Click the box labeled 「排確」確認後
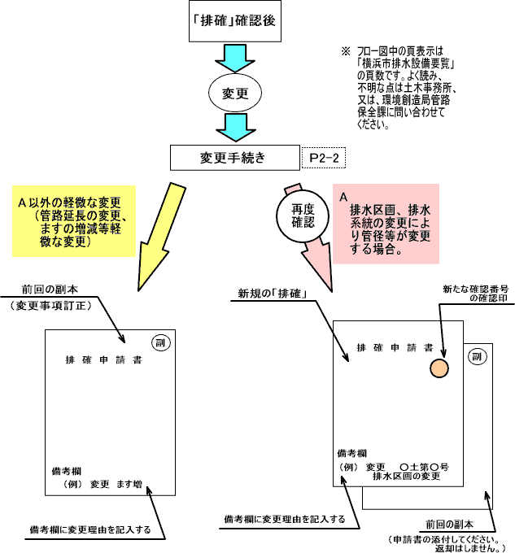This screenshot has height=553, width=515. [x=234, y=21]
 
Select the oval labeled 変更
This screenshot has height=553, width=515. [x=234, y=94]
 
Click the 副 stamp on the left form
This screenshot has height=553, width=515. [x=160, y=342]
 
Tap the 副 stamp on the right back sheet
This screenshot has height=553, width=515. [x=478, y=355]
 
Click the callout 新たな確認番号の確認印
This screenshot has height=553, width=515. [x=473, y=293]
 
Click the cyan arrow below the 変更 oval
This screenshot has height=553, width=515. [x=234, y=127]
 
